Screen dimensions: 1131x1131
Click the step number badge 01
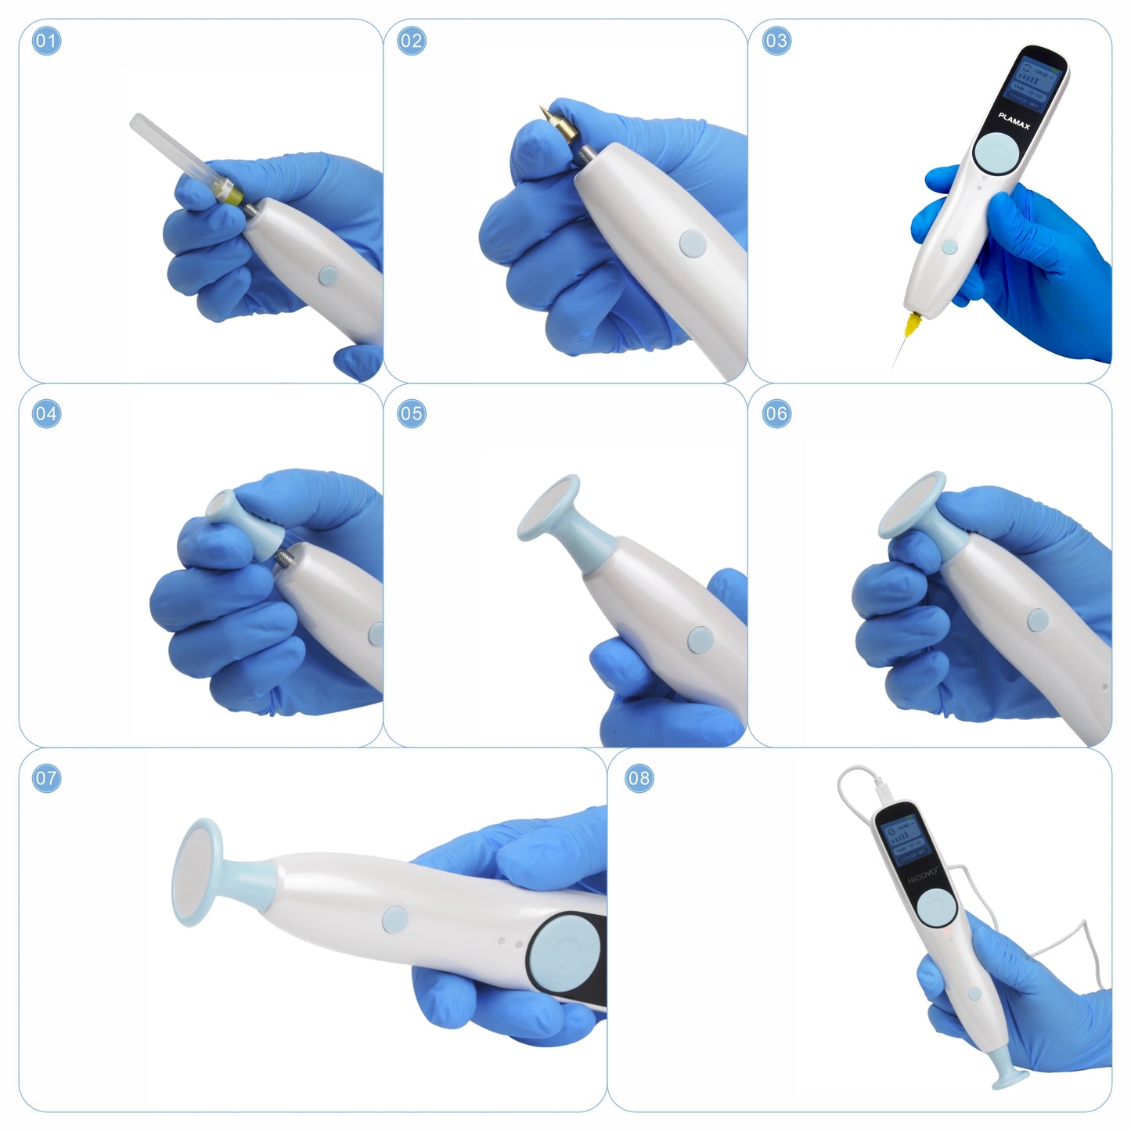pos(46,41)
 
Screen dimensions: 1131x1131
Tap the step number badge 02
pos(411,41)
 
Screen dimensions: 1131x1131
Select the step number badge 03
pos(776,41)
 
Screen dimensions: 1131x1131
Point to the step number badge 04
pos(46,413)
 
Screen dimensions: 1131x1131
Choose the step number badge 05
pos(411,413)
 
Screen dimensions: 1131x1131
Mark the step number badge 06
pos(776,413)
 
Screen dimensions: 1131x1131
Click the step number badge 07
pos(46,778)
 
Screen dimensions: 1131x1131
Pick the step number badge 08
pos(639,778)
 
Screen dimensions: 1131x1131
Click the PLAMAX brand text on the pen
pos(1014,121)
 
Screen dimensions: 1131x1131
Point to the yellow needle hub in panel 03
pos(911,323)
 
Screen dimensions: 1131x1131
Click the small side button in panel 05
pos(699,639)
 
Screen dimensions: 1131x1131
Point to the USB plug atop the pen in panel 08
pos(883,790)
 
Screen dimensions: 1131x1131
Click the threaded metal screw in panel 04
pos(283,556)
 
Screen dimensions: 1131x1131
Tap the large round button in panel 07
pos(560,955)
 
